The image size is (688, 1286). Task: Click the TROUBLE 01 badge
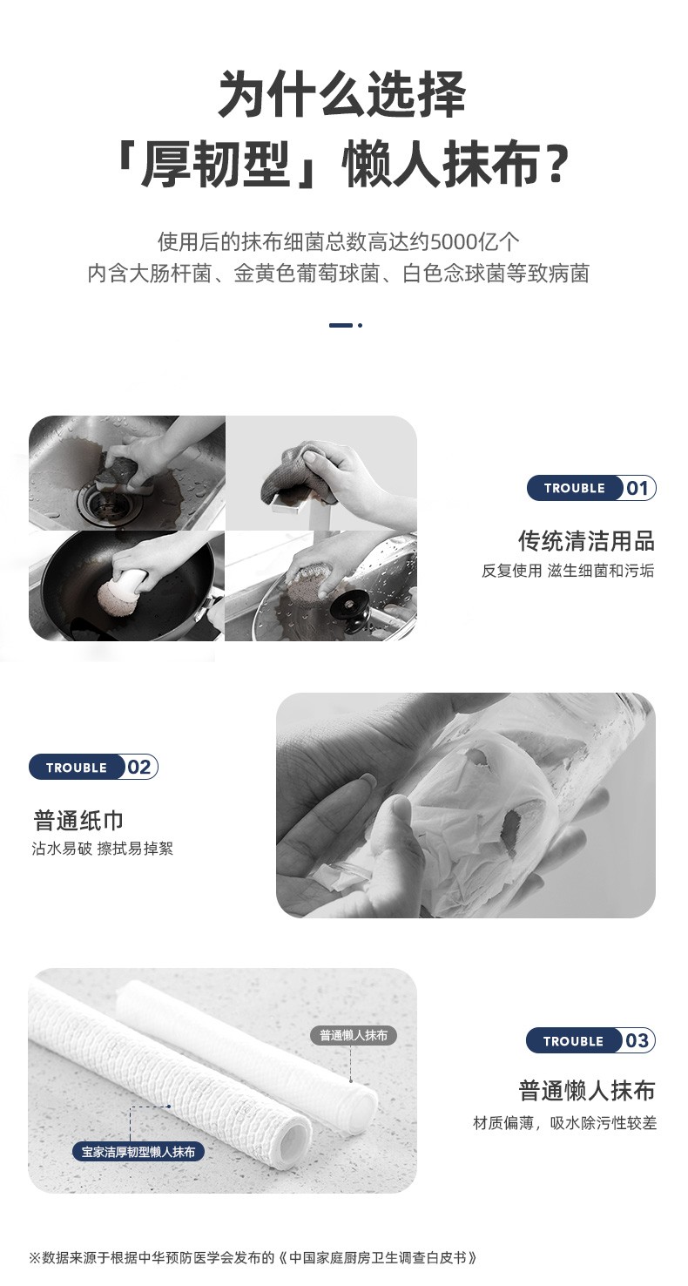click(591, 488)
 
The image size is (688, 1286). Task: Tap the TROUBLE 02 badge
click(93, 767)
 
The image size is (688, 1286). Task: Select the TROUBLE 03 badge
click(590, 1041)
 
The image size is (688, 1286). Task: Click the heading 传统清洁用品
click(586, 541)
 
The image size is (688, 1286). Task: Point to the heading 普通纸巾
click(78, 821)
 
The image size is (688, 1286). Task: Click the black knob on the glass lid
click(353, 610)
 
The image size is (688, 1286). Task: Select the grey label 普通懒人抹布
click(354, 1036)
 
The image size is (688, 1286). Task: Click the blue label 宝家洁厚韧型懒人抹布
click(138, 1152)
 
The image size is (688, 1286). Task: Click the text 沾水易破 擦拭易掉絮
click(102, 849)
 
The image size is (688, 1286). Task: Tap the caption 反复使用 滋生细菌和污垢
click(568, 571)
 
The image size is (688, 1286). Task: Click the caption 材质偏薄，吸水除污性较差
click(564, 1124)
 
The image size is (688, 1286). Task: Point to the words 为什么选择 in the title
click(342, 93)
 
